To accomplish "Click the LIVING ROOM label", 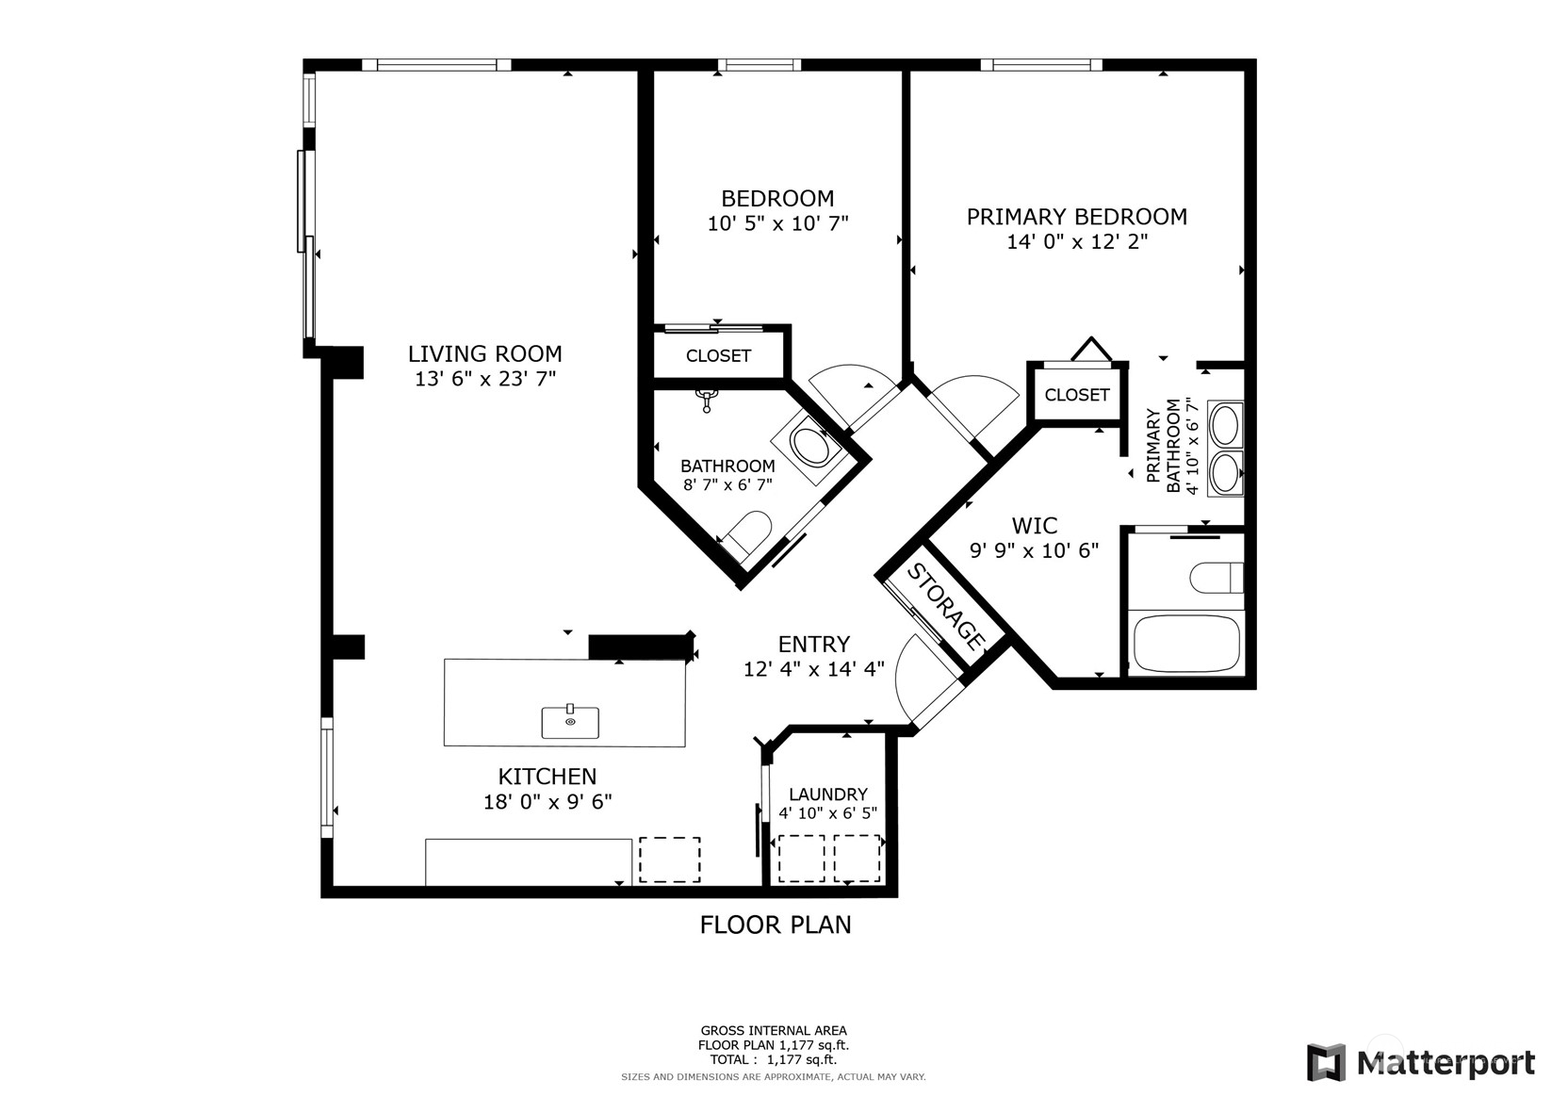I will coord(484,354).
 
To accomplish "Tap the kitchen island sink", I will coord(570,722).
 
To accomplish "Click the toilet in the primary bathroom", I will coord(1216,578).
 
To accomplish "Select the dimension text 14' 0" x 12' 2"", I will coord(1077,242).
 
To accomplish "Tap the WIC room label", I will coord(1035,526).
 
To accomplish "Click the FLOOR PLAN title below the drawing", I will coord(775,925).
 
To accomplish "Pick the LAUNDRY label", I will coord(827,794).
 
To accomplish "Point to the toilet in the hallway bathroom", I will coord(751,534).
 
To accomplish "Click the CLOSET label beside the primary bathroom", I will coord(1076,395).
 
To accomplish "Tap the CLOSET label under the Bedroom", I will coord(718,355).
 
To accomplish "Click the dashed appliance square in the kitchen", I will coord(669,860).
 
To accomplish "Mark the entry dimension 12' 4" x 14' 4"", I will coord(813,670).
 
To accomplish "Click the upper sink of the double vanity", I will coord(1224,424).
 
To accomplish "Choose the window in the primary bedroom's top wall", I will coord(1040,65).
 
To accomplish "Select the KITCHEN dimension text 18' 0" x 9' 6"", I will coord(547,802).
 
